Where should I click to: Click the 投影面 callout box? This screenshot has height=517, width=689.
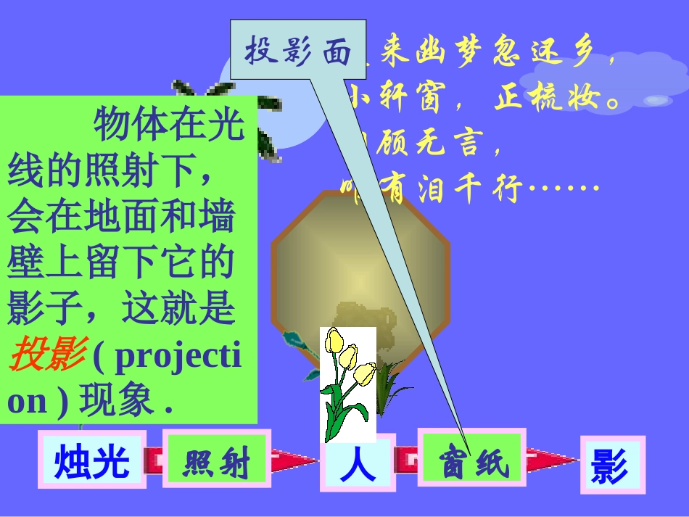pyautogui.click(x=298, y=51)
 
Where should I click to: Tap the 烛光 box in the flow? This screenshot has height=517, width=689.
pyautogui.click(x=92, y=461)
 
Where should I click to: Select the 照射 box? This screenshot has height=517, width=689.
pyautogui.click(x=216, y=462)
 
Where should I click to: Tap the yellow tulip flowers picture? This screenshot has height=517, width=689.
pyautogui.click(x=348, y=384)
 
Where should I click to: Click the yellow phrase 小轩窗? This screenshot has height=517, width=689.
pyautogui.click(x=395, y=99)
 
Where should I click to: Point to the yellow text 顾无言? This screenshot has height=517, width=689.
pyautogui.click(x=435, y=144)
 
